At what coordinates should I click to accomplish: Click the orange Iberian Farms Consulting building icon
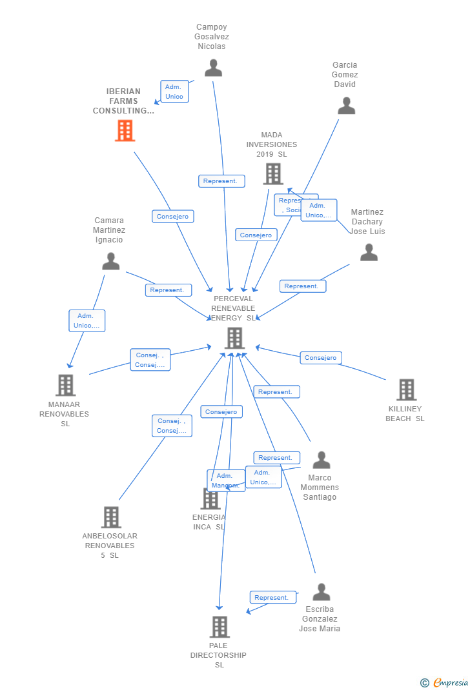pyautogui.click(x=125, y=130)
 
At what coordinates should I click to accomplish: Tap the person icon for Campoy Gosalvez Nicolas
pyautogui.click(x=213, y=68)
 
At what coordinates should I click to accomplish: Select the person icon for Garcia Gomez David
pyautogui.click(x=346, y=106)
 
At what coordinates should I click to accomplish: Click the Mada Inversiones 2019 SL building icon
pyautogui.click(x=273, y=173)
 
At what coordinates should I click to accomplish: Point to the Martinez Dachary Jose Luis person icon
pyautogui.click(x=369, y=252)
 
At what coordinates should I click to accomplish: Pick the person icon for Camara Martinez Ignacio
pyautogui.click(x=111, y=261)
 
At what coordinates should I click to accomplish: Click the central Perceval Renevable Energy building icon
pyautogui.click(x=234, y=337)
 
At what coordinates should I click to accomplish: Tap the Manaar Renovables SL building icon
pyautogui.click(x=66, y=385)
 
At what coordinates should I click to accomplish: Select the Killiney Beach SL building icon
pyautogui.click(x=406, y=389)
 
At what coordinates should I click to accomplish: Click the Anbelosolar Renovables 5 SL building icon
pyautogui.click(x=111, y=517)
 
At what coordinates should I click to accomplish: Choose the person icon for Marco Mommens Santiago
pyautogui.click(x=321, y=460)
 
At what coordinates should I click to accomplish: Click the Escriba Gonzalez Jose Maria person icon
pyautogui.click(x=321, y=592)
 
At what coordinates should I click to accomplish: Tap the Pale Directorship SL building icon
pyautogui.click(x=220, y=626)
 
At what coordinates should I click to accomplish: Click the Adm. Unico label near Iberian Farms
pyautogui.click(x=174, y=92)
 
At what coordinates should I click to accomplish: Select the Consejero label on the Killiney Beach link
pyautogui.click(x=321, y=357)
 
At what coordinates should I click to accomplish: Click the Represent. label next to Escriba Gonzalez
pyautogui.click(x=272, y=597)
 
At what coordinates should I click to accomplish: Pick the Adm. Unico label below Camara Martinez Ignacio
pyautogui.click(x=87, y=320)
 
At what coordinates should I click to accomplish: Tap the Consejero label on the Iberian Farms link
pyautogui.click(x=172, y=217)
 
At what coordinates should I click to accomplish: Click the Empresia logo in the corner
pyautogui.click(x=445, y=682)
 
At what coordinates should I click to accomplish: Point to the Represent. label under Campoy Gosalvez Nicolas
pyautogui.click(x=221, y=181)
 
